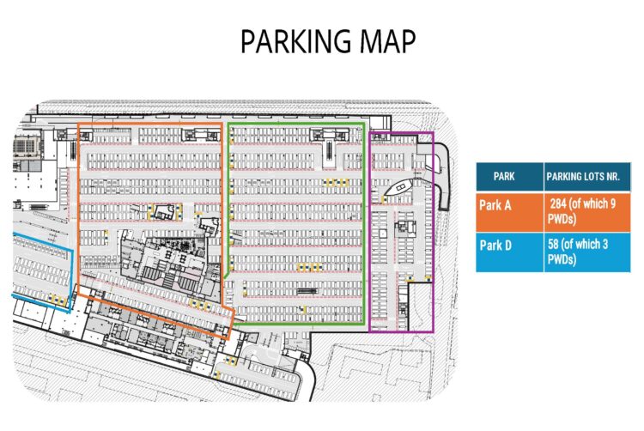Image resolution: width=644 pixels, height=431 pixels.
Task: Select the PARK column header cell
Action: click(x=504, y=176)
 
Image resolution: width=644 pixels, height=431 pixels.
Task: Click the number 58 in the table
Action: click(x=555, y=246)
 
